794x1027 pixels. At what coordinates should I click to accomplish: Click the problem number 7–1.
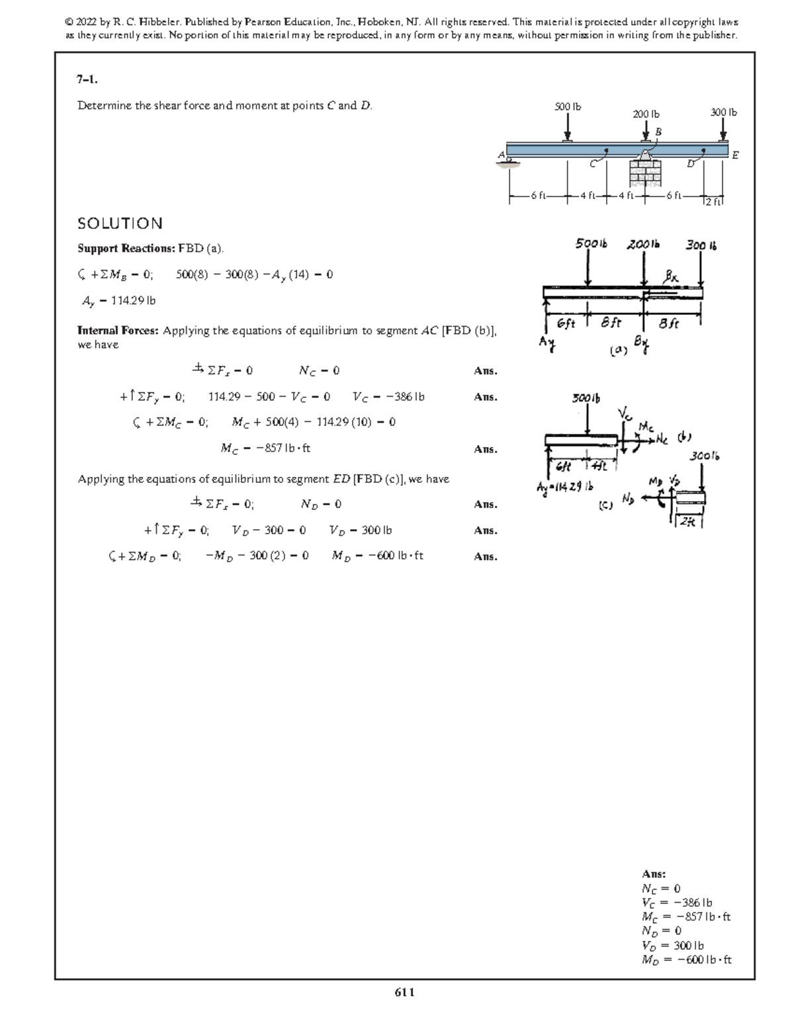click(x=88, y=80)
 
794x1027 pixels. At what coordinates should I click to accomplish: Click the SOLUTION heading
click(x=120, y=224)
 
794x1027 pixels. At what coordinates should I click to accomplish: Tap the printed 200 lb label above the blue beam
click(x=646, y=114)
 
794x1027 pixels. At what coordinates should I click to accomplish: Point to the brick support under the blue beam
click(x=645, y=173)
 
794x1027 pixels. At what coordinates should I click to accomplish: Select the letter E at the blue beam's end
click(x=735, y=155)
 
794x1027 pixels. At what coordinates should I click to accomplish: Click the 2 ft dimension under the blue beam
click(x=715, y=202)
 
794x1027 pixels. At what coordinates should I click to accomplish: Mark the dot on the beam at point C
click(x=607, y=151)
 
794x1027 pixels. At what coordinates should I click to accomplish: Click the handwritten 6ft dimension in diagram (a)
click(x=566, y=324)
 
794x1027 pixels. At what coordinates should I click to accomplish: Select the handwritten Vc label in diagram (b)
click(x=625, y=415)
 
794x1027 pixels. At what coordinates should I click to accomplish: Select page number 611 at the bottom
click(x=404, y=992)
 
